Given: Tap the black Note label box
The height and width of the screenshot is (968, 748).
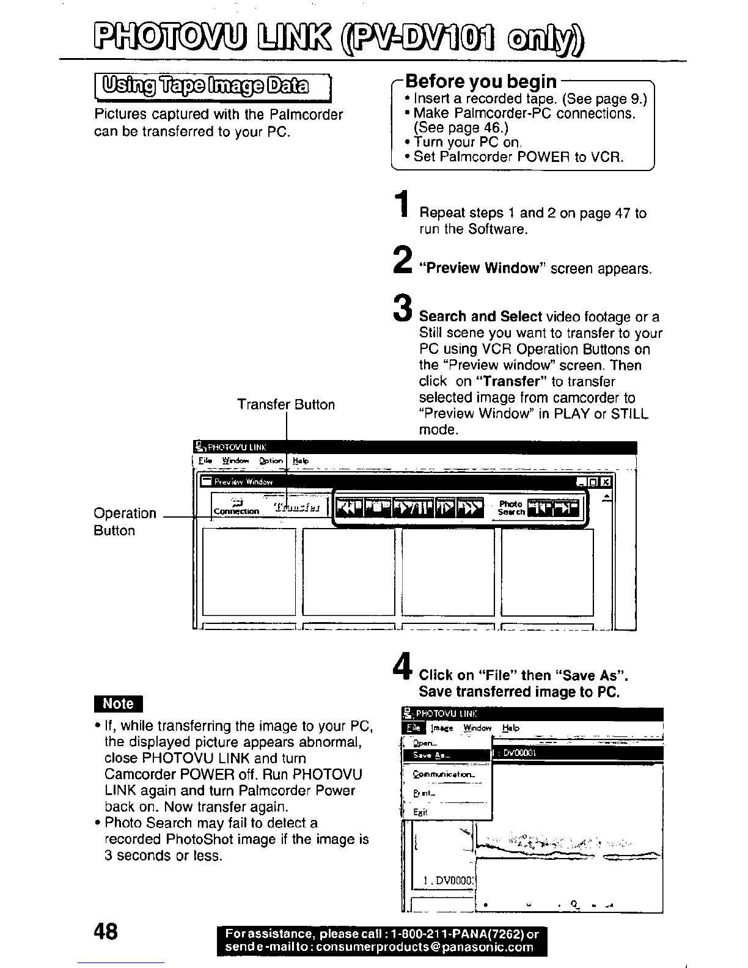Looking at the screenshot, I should tap(118, 704).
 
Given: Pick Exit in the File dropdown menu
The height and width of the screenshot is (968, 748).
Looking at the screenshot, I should tap(420, 812).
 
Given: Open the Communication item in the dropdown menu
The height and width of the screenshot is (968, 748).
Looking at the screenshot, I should tap(444, 774).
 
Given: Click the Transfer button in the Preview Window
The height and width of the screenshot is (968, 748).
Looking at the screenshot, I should tap(295, 507).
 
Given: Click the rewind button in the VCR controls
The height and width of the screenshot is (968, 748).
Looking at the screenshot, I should tap(351, 507).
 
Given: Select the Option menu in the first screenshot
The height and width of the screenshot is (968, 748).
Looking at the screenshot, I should tap(271, 461).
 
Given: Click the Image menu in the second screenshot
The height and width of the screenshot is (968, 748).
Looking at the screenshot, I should tap(442, 728).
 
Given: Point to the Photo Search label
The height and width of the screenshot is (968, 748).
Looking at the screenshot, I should tap(511, 507).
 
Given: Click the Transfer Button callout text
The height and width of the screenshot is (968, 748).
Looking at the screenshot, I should tap(286, 405).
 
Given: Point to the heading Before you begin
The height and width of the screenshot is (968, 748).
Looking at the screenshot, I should tap(481, 81).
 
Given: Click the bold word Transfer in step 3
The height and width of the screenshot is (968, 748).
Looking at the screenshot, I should tap(512, 381).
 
